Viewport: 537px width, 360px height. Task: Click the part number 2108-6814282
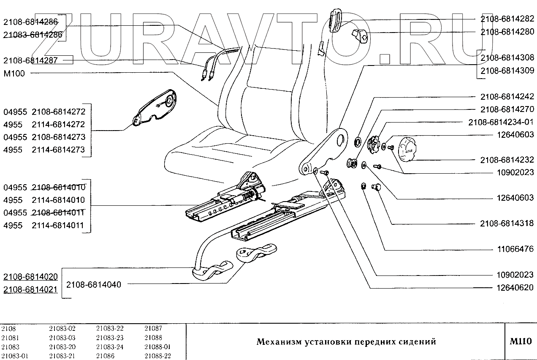click(x=507, y=19)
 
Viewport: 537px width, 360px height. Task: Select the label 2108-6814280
click(x=507, y=32)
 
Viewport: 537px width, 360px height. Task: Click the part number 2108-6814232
click(x=507, y=160)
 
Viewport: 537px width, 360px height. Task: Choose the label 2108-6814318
click(x=507, y=223)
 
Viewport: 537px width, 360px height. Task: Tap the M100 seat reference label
click(x=14, y=74)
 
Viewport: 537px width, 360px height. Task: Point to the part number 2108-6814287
click(x=30, y=61)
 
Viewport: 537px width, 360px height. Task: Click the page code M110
click(x=521, y=341)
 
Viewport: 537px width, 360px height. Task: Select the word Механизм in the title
click(x=279, y=342)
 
